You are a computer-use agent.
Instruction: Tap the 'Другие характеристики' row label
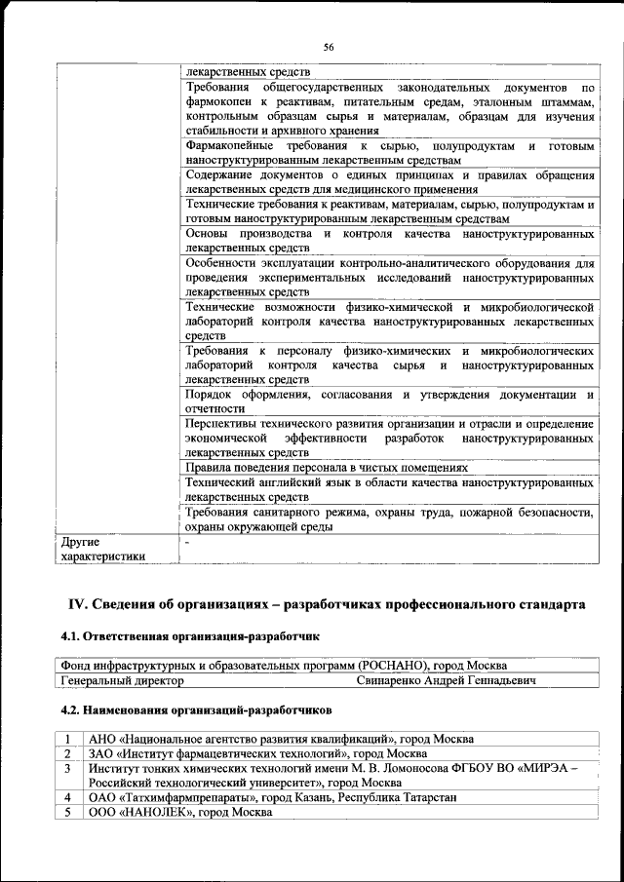[104, 548]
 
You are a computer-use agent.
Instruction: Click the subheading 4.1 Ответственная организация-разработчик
[190, 637]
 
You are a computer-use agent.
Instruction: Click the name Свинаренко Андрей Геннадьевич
[446, 679]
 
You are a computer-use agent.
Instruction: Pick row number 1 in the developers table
[67, 739]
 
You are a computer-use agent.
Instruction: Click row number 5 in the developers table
[67, 812]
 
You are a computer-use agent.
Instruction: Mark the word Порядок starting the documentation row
[211, 395]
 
